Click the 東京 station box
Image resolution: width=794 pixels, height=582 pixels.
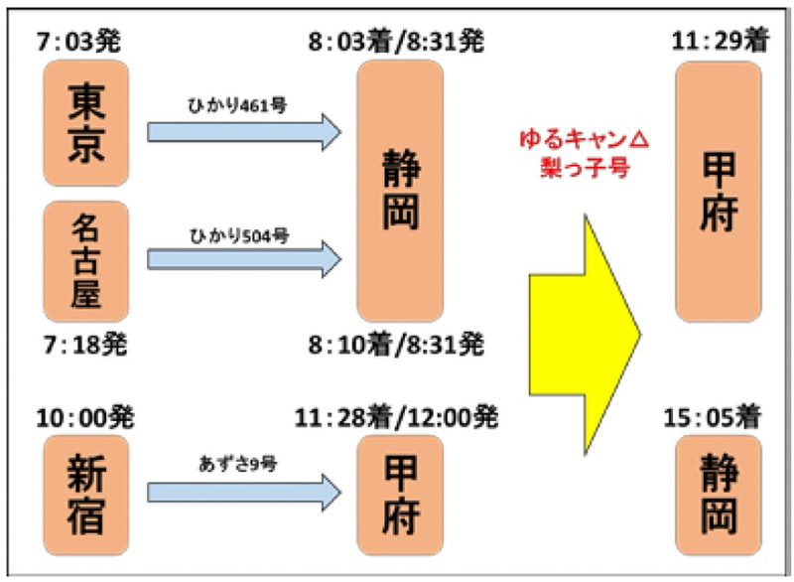click(x=87, y=124)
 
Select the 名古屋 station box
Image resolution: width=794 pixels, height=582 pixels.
click(x=87, y=260)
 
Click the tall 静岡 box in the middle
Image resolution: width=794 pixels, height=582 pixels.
click(x=403, y=190)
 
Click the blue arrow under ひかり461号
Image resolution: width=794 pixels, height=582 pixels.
click(x=243, y=133)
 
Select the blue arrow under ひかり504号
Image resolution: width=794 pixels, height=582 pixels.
click(x=243, y=260)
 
